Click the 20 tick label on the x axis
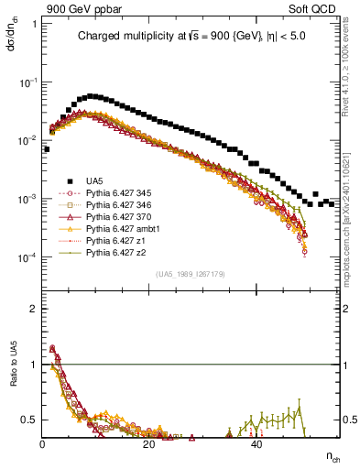149,443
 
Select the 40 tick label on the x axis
256,443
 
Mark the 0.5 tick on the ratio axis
28,420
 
